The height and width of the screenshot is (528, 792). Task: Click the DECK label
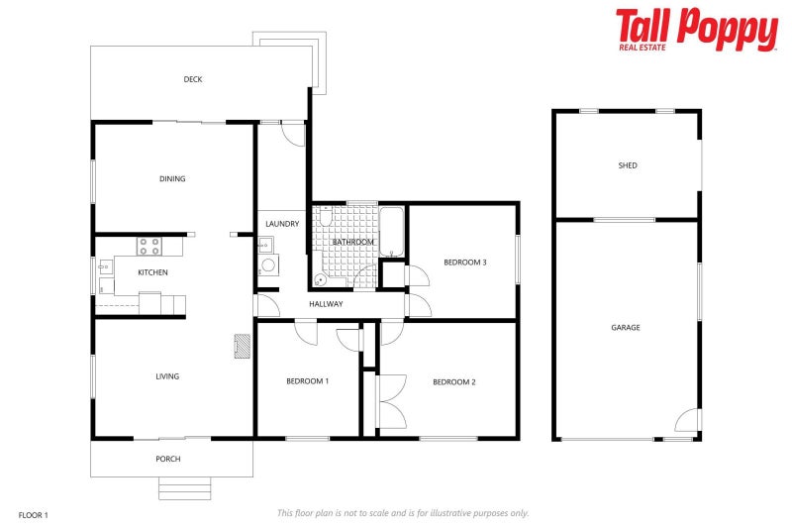coord(193,79)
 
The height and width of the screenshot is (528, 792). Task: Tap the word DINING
coord(172,179)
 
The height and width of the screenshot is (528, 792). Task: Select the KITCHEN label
coord(152,272)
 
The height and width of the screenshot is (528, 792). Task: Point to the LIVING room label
coord(167,376)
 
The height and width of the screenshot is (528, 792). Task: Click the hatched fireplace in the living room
coord(242,345)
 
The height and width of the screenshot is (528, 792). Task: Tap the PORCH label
coord(168,459)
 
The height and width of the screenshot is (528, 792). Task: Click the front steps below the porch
coord(185,487)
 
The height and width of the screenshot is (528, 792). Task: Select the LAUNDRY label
coord(282,224)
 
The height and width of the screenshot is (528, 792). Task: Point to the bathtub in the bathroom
coord(391,232)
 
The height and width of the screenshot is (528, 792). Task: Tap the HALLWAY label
coord(326,304)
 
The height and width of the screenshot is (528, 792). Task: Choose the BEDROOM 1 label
coord(307,381)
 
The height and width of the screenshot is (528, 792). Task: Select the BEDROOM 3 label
coord(464,263)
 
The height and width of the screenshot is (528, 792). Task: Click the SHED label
coord(627,165)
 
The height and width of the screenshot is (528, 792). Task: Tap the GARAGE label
coord(625,327)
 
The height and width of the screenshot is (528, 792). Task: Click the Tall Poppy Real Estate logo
coord(696,30)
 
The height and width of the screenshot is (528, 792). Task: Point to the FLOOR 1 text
coord(34,514)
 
